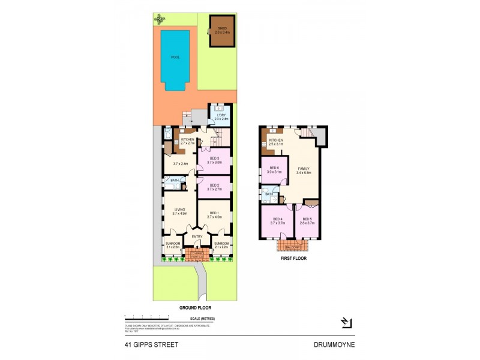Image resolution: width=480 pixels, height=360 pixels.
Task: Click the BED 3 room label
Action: click(215, 160)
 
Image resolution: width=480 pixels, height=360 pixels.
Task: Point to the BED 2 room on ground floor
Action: click(215, 186)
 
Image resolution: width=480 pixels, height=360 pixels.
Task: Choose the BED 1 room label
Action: click(215, 215)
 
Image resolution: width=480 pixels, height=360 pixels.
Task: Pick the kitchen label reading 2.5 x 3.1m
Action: click(276, 142)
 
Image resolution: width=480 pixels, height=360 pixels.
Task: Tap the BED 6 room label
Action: click(275, 169)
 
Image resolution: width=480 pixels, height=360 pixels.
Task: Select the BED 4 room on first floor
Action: click(277, 220)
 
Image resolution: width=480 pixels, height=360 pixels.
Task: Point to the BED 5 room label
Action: click(307, 220)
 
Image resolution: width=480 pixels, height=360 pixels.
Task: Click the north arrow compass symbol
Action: click(346, 325)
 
